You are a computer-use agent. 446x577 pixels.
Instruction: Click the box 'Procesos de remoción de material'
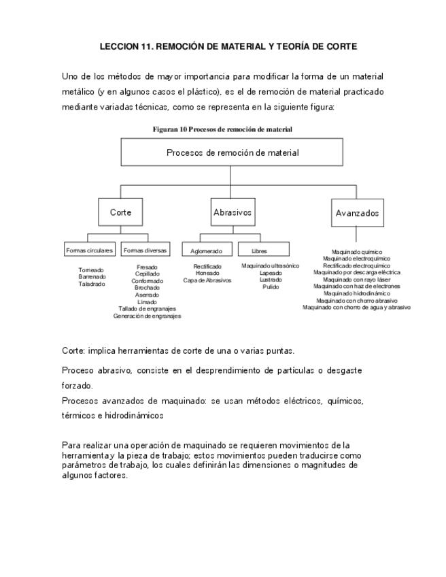[x=232, y=152]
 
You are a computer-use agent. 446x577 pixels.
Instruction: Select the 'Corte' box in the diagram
[x=121, y=212]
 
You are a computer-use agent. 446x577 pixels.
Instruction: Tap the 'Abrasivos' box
[x=233, y=212]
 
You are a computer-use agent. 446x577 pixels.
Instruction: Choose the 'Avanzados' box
[x=357, y=213]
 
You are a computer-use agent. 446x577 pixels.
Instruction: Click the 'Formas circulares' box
[x=90, y=250]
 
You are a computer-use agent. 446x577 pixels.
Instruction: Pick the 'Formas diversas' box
[x=145, y=250]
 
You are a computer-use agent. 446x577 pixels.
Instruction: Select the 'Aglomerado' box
[x=207, y=250]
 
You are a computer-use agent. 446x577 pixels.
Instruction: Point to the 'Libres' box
[x=259, y=250]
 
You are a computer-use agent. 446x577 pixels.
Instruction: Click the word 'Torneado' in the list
[x=91, y=270]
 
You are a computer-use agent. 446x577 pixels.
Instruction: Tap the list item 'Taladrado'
[x=92, y=284]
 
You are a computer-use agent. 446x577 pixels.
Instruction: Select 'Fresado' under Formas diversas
[x=147, y=267]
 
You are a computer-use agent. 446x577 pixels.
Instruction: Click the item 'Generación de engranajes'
[x=147, y=316]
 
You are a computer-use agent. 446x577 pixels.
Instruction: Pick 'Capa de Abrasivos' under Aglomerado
[x=207, y=280]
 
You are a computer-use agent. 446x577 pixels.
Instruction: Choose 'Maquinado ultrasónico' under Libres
[x=270, y=266]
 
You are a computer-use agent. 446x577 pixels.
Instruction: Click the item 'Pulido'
[x=271, y=287]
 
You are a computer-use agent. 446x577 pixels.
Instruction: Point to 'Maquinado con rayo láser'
[x=357, y=280]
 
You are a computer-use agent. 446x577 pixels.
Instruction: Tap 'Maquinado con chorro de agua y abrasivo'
[x=356, y=308]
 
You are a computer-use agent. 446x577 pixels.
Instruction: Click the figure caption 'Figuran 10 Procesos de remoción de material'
[x=222, y=129]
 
